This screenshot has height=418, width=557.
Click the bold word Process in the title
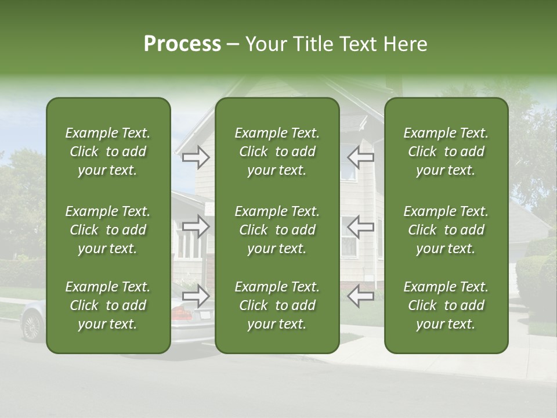click(182, 44)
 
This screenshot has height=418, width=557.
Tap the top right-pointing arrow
click(196, 156)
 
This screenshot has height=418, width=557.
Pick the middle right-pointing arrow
click(196, 226)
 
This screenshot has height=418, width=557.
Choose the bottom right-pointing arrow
click(196, 296)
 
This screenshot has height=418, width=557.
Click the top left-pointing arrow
click(360, 156)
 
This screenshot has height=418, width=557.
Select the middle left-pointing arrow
click(360, 226)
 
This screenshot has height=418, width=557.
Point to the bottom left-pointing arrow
click(360, 296)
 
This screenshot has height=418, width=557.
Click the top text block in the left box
click(108, 152)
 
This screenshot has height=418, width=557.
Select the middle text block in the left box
click(108, 230)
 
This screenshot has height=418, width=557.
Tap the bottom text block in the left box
click(108, 305)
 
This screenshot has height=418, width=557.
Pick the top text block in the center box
click(277, 152)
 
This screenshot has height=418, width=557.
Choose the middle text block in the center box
click(277, 230)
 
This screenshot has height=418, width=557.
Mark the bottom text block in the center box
click(277, 305)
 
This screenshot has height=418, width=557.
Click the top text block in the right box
click(446, 152)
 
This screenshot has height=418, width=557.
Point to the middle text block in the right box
click(446, 230)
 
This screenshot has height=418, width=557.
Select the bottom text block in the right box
click(446, 305)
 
